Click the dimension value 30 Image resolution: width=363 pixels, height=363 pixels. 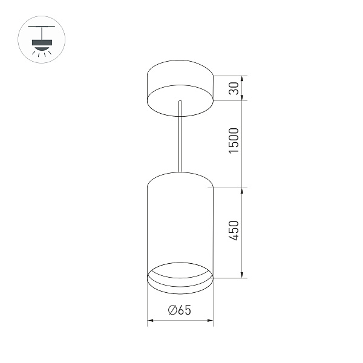235,88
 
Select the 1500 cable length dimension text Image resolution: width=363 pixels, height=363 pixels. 235,140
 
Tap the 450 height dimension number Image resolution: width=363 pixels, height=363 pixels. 235,232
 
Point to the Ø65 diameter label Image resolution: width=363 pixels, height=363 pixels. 180,310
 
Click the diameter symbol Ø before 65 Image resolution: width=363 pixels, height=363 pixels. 172,310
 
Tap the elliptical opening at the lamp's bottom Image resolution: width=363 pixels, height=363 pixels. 180,273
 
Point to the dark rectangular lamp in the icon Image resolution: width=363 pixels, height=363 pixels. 41,41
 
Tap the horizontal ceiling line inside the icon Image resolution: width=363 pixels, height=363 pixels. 41,28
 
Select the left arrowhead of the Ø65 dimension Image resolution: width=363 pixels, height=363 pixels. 150,319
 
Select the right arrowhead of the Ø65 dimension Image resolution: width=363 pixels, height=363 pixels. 211,319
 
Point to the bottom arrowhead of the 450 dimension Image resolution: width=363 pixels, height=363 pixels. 243,275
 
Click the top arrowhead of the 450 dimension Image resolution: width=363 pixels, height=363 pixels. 243,191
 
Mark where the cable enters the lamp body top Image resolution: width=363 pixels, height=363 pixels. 180,173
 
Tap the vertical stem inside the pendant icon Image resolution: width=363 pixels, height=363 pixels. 41,33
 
